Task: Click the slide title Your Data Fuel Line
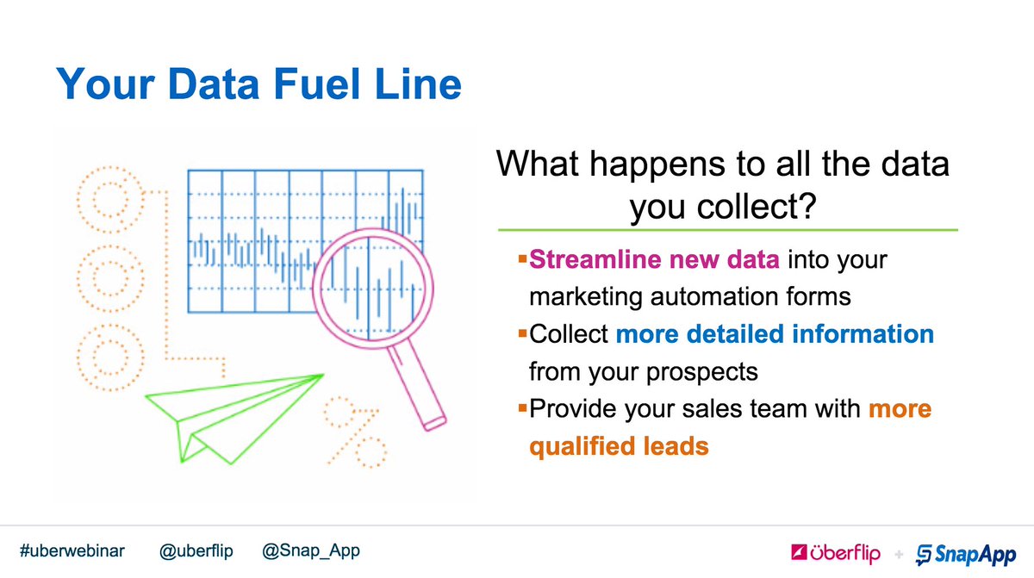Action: tap(258, 86)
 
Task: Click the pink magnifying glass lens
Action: tap(369, 285)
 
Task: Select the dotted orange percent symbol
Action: tap(354, 429)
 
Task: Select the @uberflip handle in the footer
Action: tap(196, 550)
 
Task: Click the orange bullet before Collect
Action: tap(522, 331)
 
